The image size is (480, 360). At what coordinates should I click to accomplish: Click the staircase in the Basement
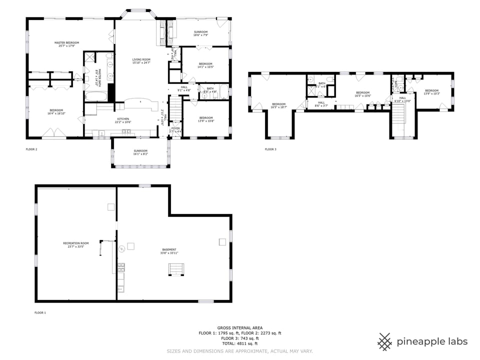pos(176,270)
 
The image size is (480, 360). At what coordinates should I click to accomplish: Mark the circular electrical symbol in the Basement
pos(120,247)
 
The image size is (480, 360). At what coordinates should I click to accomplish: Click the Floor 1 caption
pos(40,312)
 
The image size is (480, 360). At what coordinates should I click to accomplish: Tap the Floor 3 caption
pos(270,149)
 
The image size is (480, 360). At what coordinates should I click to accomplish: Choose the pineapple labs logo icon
pos(384,341)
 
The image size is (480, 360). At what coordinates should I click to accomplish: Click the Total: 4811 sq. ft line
pos(240,343)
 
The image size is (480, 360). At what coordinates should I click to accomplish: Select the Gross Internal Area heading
pos(240,327)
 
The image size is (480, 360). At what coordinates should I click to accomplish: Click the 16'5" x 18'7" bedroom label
pos(278,105)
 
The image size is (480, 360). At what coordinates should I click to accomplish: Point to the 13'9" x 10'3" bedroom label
pos(431,92)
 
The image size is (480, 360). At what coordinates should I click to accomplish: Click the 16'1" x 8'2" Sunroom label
pos(140,152)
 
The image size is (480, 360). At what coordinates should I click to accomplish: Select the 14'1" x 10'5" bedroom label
pos(205,65)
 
